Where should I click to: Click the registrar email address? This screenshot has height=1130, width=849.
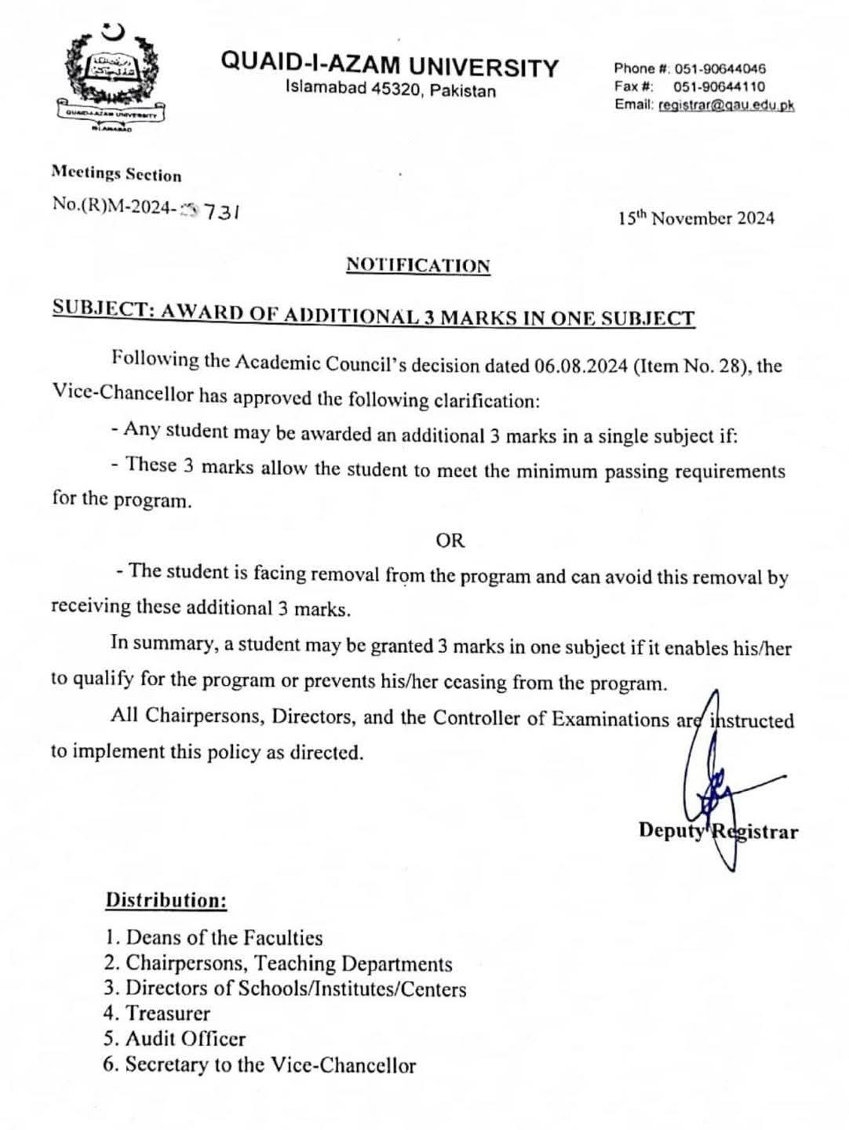[x=727, y=105]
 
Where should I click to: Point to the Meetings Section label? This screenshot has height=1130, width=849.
[x=116, y=174]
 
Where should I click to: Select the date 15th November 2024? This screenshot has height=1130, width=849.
[x=695, y=218]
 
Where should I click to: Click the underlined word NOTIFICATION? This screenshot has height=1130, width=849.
[x=418, y=265]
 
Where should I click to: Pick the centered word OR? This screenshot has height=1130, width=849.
[x=450, y=540]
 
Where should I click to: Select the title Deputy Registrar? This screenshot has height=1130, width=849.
[x=718, y=831]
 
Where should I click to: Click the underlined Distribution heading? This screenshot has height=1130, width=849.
[x=166, y=899]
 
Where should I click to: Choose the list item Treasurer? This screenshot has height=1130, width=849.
[x=157, y=1013]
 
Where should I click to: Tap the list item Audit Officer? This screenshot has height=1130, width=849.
[x=174, y=1039]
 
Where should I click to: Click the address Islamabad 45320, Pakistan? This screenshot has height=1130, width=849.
[x=390, y=90]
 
